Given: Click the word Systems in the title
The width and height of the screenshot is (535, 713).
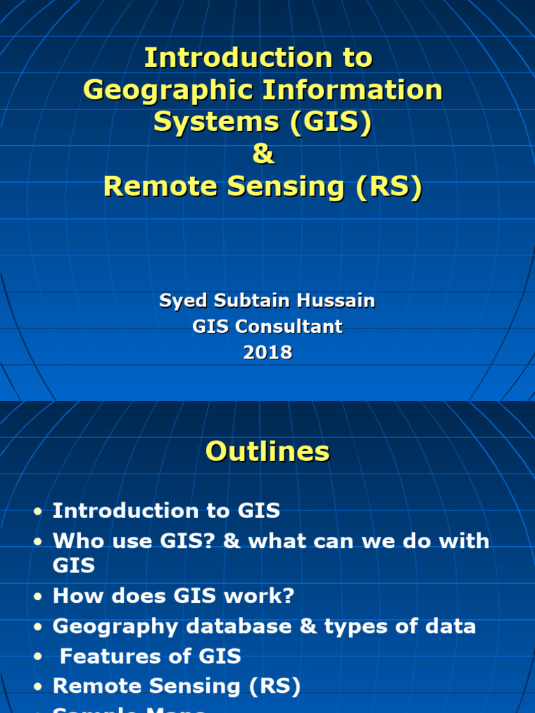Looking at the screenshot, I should coord(206,123).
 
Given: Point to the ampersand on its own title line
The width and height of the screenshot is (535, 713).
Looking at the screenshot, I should coord(263,155).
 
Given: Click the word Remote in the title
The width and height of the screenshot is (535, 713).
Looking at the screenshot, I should coord(151,187).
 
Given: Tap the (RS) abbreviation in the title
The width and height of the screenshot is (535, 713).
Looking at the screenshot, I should coord(389,187).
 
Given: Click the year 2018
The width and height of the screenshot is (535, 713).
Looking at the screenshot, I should coord(267,352).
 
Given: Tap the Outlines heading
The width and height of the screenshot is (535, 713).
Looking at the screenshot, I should coord(267,452).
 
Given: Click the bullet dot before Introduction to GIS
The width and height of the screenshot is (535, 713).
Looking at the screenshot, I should coord(38,512).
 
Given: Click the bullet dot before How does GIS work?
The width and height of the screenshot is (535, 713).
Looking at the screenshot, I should coord(38,598).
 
